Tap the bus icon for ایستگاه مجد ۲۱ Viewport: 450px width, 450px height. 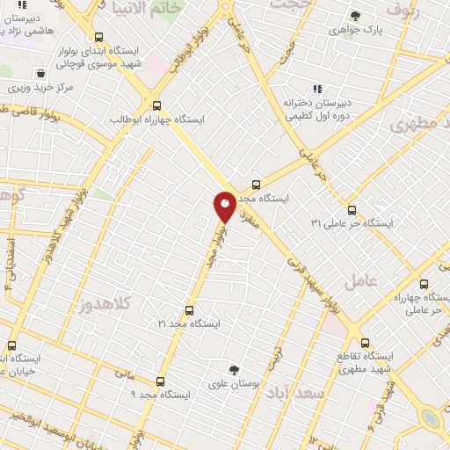[x=189, y=310]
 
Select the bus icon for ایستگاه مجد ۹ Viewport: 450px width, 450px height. [x=160, y=381]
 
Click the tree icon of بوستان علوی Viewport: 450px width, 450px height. [x=233, y=369]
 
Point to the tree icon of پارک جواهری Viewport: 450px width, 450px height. [x=355, y=16]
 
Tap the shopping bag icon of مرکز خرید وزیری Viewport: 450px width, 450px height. [x=40, y=74]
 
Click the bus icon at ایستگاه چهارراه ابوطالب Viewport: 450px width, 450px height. [x=156, y=105]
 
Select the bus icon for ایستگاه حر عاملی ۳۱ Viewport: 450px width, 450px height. [x=352, y=210]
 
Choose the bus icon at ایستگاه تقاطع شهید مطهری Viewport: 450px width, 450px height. [x=366, y=344]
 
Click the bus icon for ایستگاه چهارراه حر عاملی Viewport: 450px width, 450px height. [x=425, y=285]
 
